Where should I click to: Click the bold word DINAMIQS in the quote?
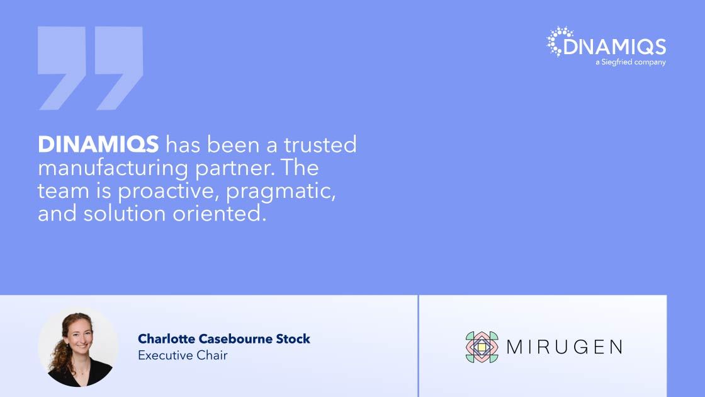[x=98, y=144]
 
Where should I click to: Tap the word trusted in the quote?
[x=320, y=144]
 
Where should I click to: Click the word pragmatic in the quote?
[x=281, y=192]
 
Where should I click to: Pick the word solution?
[x=125, y=213]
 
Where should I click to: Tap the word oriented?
[x=220, y=213]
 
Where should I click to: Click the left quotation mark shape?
[x=62, y=68]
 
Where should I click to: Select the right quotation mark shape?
[x=119, y=68]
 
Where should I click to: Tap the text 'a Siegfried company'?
[x=630, y=62]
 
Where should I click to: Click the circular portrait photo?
[x=78, y=347]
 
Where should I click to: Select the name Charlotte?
[x=166, y=338]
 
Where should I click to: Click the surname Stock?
[x=293, y=338]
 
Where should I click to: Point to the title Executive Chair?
[x=183, y=355]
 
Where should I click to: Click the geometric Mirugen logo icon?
[x=482, y=347]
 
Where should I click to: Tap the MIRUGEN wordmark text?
[x=565, y=347]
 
